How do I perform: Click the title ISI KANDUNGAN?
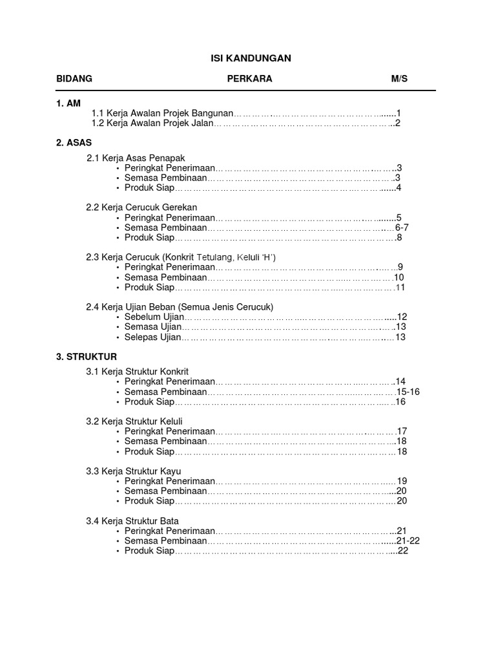pyautogui.click(x=251, y=58)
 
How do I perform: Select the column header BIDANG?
pyautogui.click(x=74, y=79)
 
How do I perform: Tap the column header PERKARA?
pyautogui.click(x=249, y=79)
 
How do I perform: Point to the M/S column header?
pyautogui.click(x=399, y=79)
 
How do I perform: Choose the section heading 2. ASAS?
pyautogui.click(x=74, y=143)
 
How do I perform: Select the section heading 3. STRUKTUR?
pyautogui.click(x=87, y=356)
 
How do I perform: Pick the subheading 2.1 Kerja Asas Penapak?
pyautogui.click(x=140, y=158)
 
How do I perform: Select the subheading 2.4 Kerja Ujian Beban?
pyautogui.click(x=180, y=306)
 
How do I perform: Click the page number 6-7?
pyautogui.click(x=402, y=228)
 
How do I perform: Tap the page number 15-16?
pyautogui.click(x=408, y=392)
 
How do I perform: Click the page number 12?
pyautogui.click(x=402, y=317)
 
